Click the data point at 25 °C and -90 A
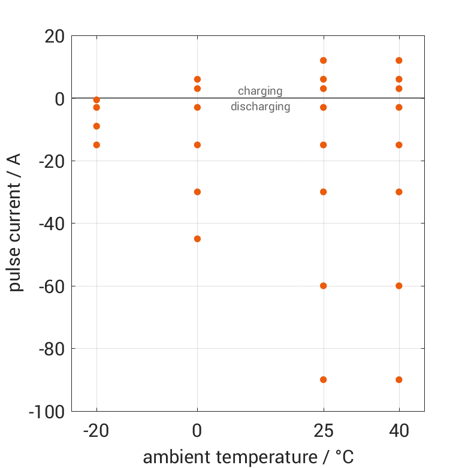coord(324,379)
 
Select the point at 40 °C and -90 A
coord(399,379)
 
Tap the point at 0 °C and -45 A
coord(197,238)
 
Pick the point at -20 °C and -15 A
coord(96,144)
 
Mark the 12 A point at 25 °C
coord(324,61)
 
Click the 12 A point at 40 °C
coord(399,61)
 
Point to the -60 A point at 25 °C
coord(324,286)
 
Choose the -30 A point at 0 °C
coord(197,192)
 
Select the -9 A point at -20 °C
coord(96,126)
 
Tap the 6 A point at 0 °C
coord(197,79)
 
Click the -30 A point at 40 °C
coord(399,192)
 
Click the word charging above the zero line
coord(260,91)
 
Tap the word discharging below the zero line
coord(260,107)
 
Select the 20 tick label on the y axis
coord(55,37)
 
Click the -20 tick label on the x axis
coord(96,431)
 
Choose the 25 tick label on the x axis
coord(324,431)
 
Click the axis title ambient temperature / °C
coord(248,457)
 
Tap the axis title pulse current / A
coord(16,223)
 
